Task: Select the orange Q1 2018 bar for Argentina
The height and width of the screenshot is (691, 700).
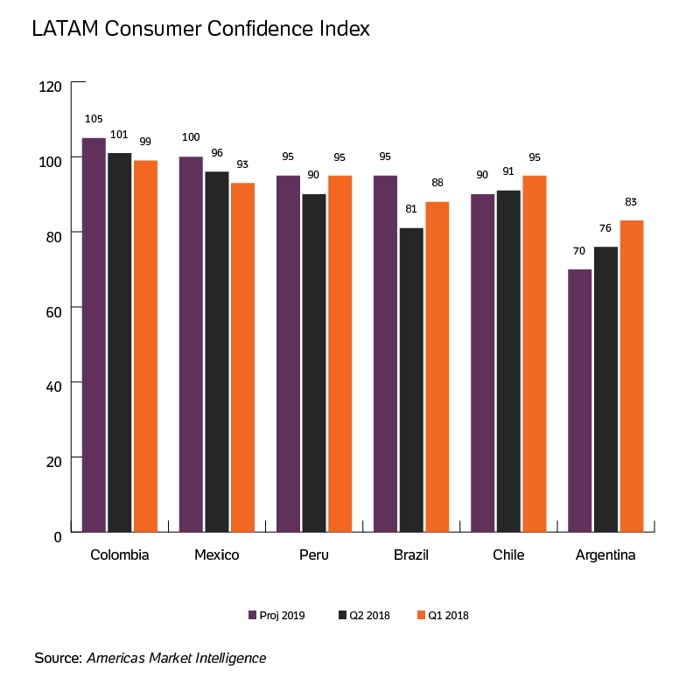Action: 631,375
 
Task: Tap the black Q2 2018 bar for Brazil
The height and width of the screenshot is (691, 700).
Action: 411,380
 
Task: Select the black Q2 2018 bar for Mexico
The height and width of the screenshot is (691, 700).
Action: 217,351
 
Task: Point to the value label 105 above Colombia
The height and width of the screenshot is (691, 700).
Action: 94,119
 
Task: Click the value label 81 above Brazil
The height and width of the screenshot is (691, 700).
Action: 411,209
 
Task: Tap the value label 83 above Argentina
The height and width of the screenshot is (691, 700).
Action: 631,202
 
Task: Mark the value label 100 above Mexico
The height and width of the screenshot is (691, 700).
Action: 191,138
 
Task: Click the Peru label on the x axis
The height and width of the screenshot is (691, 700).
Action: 313,555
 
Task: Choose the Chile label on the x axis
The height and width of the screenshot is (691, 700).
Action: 508,555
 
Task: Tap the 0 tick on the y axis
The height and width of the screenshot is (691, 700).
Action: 58,534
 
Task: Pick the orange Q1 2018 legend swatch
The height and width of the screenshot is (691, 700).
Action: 421,616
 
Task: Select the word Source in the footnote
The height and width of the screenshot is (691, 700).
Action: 57,658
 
